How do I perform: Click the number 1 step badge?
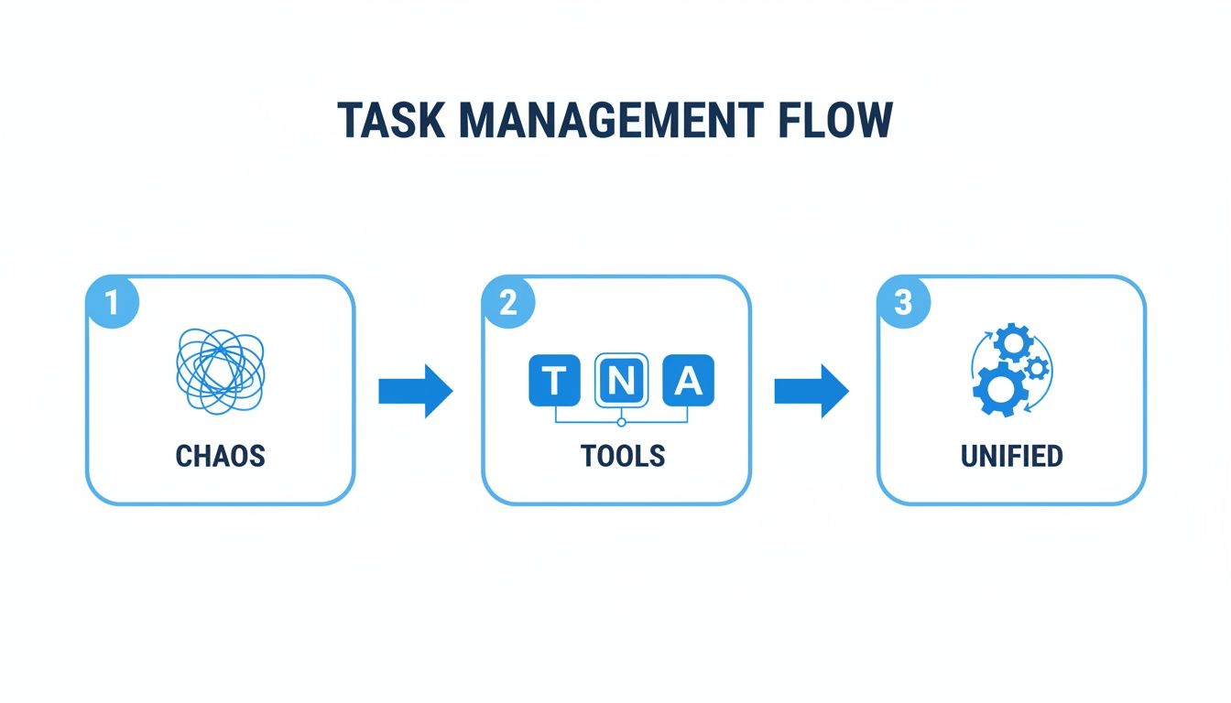(x=112, y=303)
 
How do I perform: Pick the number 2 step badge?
(x=507, y=303)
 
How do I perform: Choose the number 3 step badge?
(x=903, y=303)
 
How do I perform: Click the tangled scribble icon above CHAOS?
(x=220, y=371)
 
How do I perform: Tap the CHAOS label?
(x=220, y=455)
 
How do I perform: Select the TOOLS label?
(x=622, y=455)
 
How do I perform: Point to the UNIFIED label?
(x=1011, y=455)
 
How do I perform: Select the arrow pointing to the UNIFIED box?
(x=811, y=391)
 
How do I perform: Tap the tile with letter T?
(x=554, y=380)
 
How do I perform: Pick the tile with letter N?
(x=621, y=380)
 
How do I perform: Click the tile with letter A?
(x=688, y=380)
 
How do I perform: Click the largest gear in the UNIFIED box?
(x=998, y=389)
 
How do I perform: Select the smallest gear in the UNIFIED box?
(x=1037, y=368)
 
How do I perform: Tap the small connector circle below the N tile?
(x=621, y=422)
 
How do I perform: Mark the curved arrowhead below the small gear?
(x=1029, y=408)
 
